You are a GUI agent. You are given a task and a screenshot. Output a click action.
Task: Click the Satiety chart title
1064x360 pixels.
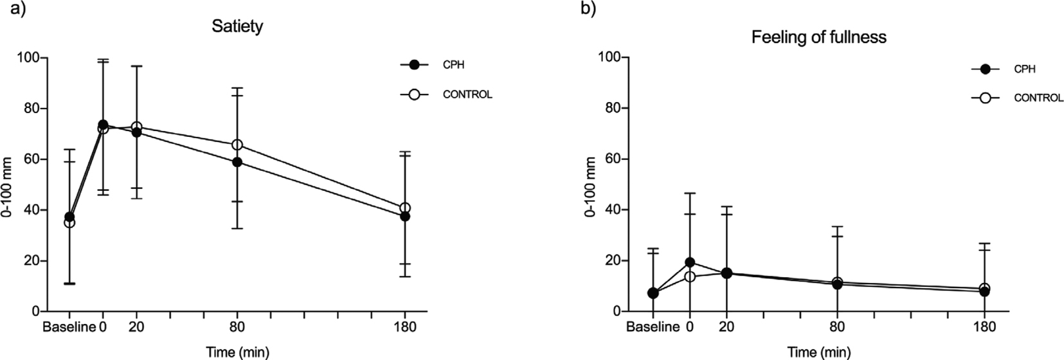pos(237,27)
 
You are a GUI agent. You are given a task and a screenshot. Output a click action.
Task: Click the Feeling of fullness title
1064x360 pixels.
pos(818,37)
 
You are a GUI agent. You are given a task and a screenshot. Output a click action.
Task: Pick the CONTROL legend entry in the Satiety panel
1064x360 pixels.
pos(467,94)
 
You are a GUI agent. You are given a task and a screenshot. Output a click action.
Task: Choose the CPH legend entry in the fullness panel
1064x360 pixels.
pos(1024,69)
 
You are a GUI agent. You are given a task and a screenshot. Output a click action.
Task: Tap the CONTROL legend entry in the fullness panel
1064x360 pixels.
pos(1038,98)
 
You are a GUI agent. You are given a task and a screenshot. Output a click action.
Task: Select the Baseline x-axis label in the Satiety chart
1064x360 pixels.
pos(68,327)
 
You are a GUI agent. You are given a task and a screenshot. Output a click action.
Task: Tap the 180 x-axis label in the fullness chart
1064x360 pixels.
pos(984,327)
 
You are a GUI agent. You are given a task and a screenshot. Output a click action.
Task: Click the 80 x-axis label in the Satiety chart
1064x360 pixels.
pos(237,327)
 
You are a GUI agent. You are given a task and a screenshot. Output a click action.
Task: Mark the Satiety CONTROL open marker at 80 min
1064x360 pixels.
pos(237,145)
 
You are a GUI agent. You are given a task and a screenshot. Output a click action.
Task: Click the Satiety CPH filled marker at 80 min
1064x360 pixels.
pos(237,162)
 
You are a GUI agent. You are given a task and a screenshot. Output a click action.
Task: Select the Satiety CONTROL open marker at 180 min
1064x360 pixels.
pos(405,208)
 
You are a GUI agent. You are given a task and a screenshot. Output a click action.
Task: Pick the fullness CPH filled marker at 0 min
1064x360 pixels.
pos(690,262)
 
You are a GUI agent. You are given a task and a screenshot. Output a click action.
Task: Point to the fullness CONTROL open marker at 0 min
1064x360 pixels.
pos(690,276)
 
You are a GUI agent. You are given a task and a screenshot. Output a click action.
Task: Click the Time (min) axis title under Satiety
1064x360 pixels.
pos(237,352)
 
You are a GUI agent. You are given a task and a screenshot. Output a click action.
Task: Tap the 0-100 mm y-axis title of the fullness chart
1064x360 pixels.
pos(590,185)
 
